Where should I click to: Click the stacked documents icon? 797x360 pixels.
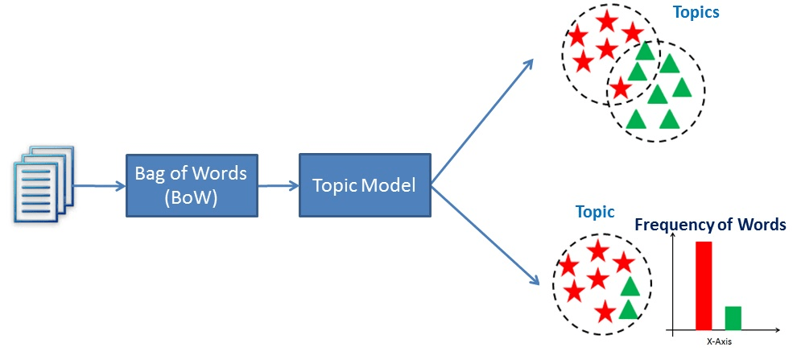pyautogui.click(x=44, y=184)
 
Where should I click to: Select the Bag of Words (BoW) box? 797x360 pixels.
pyautogui.click(x=192, y=185)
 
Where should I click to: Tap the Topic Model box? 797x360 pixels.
pyautogui.click(x=364, y=185)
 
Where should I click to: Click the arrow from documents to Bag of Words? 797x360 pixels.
pyautogui.click(x=99, y=186)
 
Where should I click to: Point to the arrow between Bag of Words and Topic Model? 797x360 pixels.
pyautogui.click(x=279, y=186)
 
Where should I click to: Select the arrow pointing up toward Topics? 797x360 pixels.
pyautogui.click(x=483, y=121)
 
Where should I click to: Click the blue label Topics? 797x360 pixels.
pyautogui.click(x=696, y=13)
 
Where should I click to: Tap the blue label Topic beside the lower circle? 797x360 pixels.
pyautogui.click(x=594, y=213)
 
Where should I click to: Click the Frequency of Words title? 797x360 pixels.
pyautogui.click(x=710, y=225)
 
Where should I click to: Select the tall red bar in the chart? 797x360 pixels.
pyautogui.click(x=704, y=285)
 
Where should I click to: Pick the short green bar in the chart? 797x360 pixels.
pyautogui.click(x=733, y=317)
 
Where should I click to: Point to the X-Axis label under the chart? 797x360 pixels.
pyautogui.click(x=719, y=341)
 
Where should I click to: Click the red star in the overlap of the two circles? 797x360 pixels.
pyautogui.click(x=619, y=87)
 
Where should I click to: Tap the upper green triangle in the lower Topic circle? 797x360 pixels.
pyautogui.click(x=630, y=286)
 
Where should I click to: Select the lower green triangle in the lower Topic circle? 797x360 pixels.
pyautogui.click(x=629, y=309)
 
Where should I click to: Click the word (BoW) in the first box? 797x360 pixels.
pyautogui.click(x=192, y=197)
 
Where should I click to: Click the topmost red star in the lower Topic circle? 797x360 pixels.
pyautogui.click(x=597, y=251)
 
